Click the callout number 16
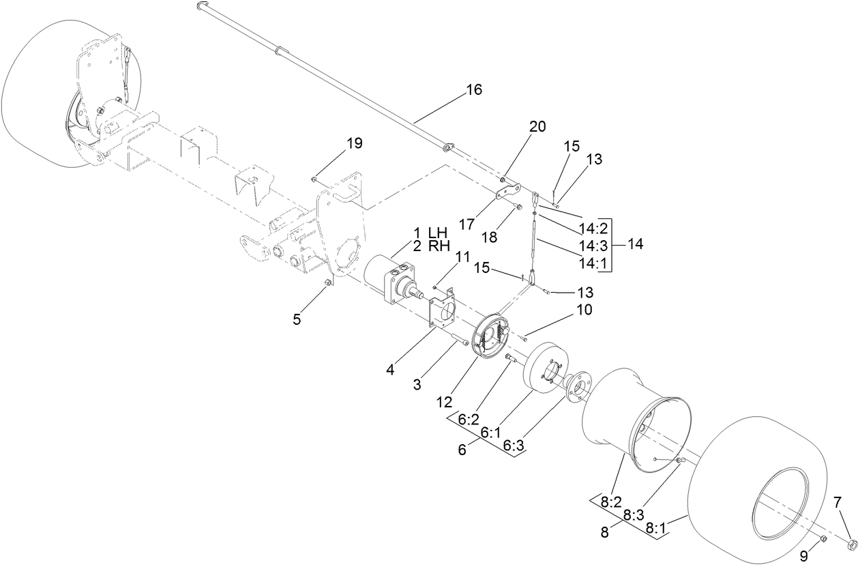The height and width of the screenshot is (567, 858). (473, 90)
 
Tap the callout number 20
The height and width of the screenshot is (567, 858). (537, 126)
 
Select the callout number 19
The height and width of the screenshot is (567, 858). (354, 143)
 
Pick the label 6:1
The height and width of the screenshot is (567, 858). (491, 433)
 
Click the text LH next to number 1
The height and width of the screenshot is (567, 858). (437, 232)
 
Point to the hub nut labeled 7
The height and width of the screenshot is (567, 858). (852, 544)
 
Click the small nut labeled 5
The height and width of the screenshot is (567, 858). (327, 282)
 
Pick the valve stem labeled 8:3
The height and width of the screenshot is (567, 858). (679, 462)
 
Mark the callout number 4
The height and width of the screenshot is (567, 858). (390, 370)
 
